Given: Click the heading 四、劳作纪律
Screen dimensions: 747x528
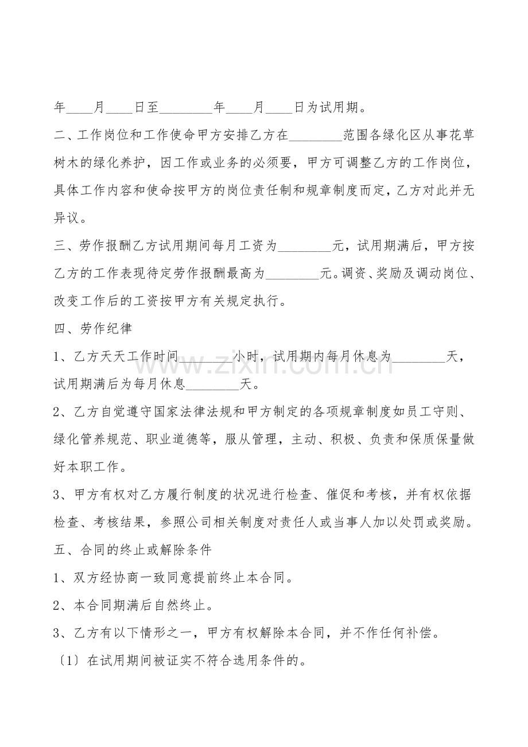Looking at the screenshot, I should (92, 329).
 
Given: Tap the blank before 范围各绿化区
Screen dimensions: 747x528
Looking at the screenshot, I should (316, 137).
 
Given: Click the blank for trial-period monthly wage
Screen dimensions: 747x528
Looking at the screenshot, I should (304, 247).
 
